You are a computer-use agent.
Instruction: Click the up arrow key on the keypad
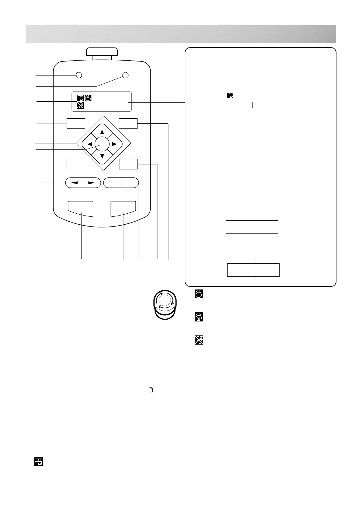pyautogui.click(x=102, y=132)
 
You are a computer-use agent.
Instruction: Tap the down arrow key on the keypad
pyautogui.click(x=102, y=156)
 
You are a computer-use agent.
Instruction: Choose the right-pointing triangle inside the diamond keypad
pyautogui.click(x=114, y=144)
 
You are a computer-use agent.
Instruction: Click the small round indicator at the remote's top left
pyautogui.click(x=79, y=75)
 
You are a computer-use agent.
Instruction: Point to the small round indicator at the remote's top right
pyautogui.click(x=125, y=75)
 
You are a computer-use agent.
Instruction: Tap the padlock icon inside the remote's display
pyautogui.click(x=88, y=98)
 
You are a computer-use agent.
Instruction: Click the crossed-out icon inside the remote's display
pyautogui.click(x=80, y=105)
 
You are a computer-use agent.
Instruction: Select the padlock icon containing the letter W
pyautogui.click(x=199, y=317)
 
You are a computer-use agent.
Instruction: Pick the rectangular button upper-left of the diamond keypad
pyautogui.click(x=76, y=123)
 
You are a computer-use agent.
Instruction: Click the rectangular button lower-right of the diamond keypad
pyautogui.click(x=128, y=164)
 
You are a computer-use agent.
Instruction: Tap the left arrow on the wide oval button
pyautogui.click(x=75, y=183)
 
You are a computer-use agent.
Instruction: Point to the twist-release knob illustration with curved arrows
pyautogui.click(x=164, y=304)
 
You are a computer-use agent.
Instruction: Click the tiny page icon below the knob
pyautogui.click(x=150, y=390)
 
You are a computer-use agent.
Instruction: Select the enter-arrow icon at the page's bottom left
pyautogui.click(x=38, y=461)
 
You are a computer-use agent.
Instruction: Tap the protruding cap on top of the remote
pyautogui.click(x=102, y=51)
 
